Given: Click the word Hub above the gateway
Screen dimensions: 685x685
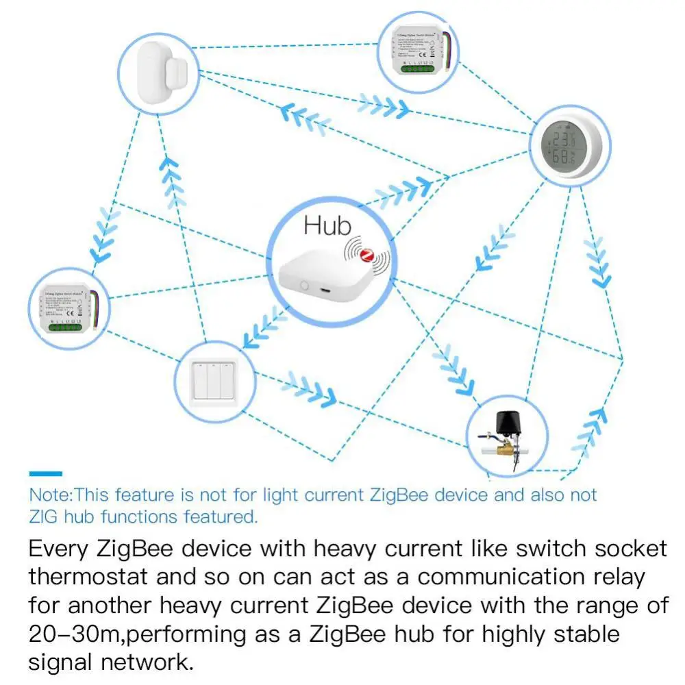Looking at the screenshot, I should pos(327,226).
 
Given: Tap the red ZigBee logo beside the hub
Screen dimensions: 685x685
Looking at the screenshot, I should pos(368,256).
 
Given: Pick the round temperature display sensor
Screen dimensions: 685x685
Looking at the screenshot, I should pos(569,145).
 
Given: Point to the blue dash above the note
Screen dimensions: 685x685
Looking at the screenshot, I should pos(45,473).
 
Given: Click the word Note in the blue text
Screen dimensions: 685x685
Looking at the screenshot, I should pos(49,495).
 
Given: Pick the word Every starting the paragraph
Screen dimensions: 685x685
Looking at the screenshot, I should pos(58,548).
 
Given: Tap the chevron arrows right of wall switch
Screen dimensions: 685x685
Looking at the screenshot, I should pos(312,388).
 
